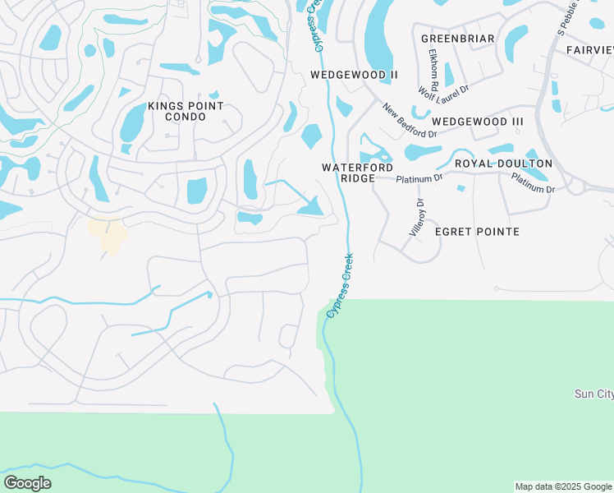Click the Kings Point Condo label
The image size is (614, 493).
click(x=185, y=112)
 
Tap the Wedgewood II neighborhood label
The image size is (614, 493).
click(x=354, y=75)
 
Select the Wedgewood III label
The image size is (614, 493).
click(x=477, y=122)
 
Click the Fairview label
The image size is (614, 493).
click(x=589, y=50)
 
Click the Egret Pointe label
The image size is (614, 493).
click(x=477, y=232)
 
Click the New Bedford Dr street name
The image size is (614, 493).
click(x=409, y=121)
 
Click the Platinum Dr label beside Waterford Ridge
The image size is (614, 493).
click(x=419, y=178)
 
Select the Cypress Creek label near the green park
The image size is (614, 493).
click(x=345, y=285)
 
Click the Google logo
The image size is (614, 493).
click(x=27, y=483)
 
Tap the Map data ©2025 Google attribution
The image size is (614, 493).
click(x=563, y=486)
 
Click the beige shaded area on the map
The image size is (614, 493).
click(x=108, y=234)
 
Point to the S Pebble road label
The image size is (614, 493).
click(x=567, y=18)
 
